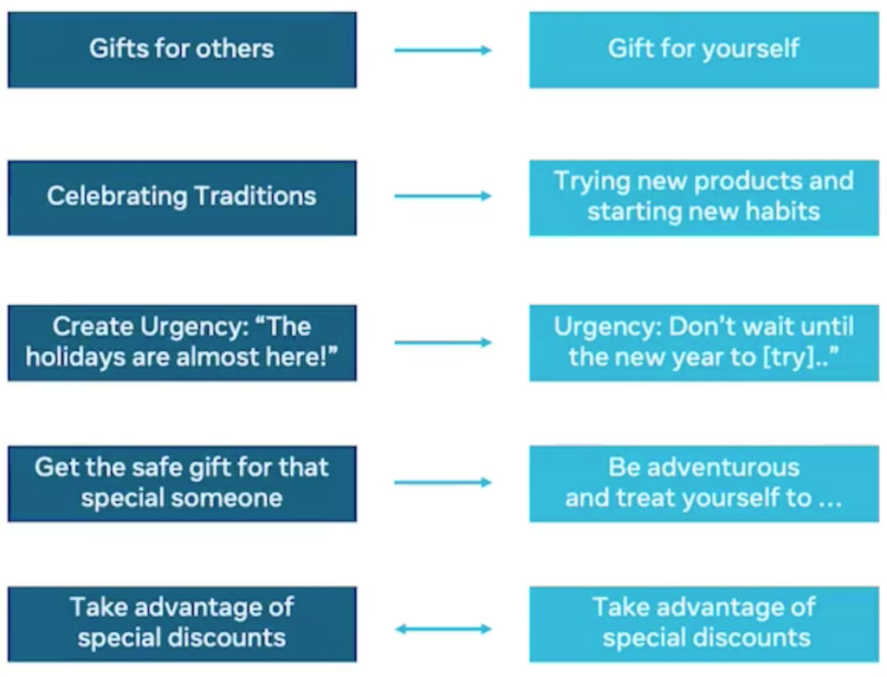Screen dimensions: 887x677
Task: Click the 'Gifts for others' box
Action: [182, 49]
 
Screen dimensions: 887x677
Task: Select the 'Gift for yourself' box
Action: [703, 49]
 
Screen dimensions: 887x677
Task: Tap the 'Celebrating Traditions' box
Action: [182, 198]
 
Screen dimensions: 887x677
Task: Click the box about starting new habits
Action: [703, 198]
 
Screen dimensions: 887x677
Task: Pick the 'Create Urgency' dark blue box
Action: [182, 342]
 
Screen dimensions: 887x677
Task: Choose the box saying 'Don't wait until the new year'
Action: [703, 342]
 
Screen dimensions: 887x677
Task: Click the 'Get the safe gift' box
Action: [182, 484]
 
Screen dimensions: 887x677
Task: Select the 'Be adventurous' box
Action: [703, 484]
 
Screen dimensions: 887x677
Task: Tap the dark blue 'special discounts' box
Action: [182, 624]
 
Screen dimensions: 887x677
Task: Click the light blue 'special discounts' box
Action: [703, 624]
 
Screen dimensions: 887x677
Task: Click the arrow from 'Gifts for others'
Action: [443, 50]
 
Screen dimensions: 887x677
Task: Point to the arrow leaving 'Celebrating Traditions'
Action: [443, 196]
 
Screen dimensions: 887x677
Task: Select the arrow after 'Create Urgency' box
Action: [443, 342]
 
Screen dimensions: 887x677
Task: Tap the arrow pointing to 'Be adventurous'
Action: [443, 482]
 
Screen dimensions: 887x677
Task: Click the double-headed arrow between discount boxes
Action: [443, 628]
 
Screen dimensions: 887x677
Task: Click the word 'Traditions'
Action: [256, 196]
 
